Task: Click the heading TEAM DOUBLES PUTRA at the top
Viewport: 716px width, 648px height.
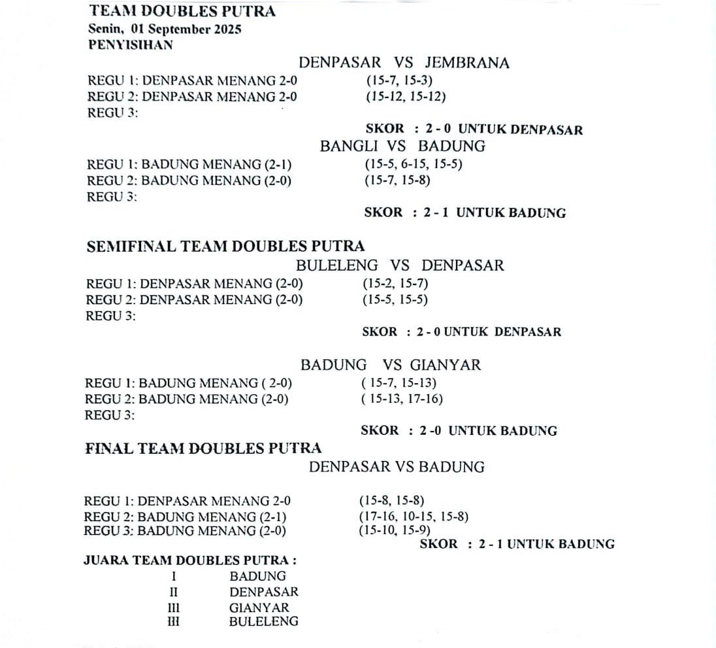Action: (x=182, y=11)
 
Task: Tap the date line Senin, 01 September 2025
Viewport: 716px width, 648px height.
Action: (x=165, y=29)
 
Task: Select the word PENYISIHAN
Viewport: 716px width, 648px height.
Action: (x=131, y=45)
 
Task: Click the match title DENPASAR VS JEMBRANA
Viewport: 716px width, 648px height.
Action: (x=404, y=63)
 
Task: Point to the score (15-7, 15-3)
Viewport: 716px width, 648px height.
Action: (x=399, y=81)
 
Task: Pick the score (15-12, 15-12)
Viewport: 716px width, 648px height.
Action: (x=406, y=97)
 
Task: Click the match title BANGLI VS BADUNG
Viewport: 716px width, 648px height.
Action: (x=402, y=146)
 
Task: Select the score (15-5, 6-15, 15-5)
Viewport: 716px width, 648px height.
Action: (x=414, y=164)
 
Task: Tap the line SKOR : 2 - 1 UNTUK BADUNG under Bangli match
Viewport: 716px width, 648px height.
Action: (x=464, y=213)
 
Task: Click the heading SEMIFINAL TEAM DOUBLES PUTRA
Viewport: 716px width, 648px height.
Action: (x=225, y=247)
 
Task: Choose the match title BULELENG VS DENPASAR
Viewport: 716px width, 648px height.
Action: (x=400, y=265)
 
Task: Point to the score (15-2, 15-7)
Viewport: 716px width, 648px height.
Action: (x=395, y=284)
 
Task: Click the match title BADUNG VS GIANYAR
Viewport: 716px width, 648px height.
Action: (x=390, y=365)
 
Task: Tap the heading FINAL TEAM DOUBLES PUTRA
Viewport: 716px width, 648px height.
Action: (x=203, y=449)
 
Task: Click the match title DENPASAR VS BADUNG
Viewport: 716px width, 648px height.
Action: (x=397, y=467)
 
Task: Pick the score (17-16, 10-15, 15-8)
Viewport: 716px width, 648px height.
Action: (x=413, y=517)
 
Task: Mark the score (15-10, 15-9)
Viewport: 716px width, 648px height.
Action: (x=394, y=530)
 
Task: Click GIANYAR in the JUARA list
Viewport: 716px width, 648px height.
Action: (x=259, y=607)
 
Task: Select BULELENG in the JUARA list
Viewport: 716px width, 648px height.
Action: (x=263, y=622)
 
